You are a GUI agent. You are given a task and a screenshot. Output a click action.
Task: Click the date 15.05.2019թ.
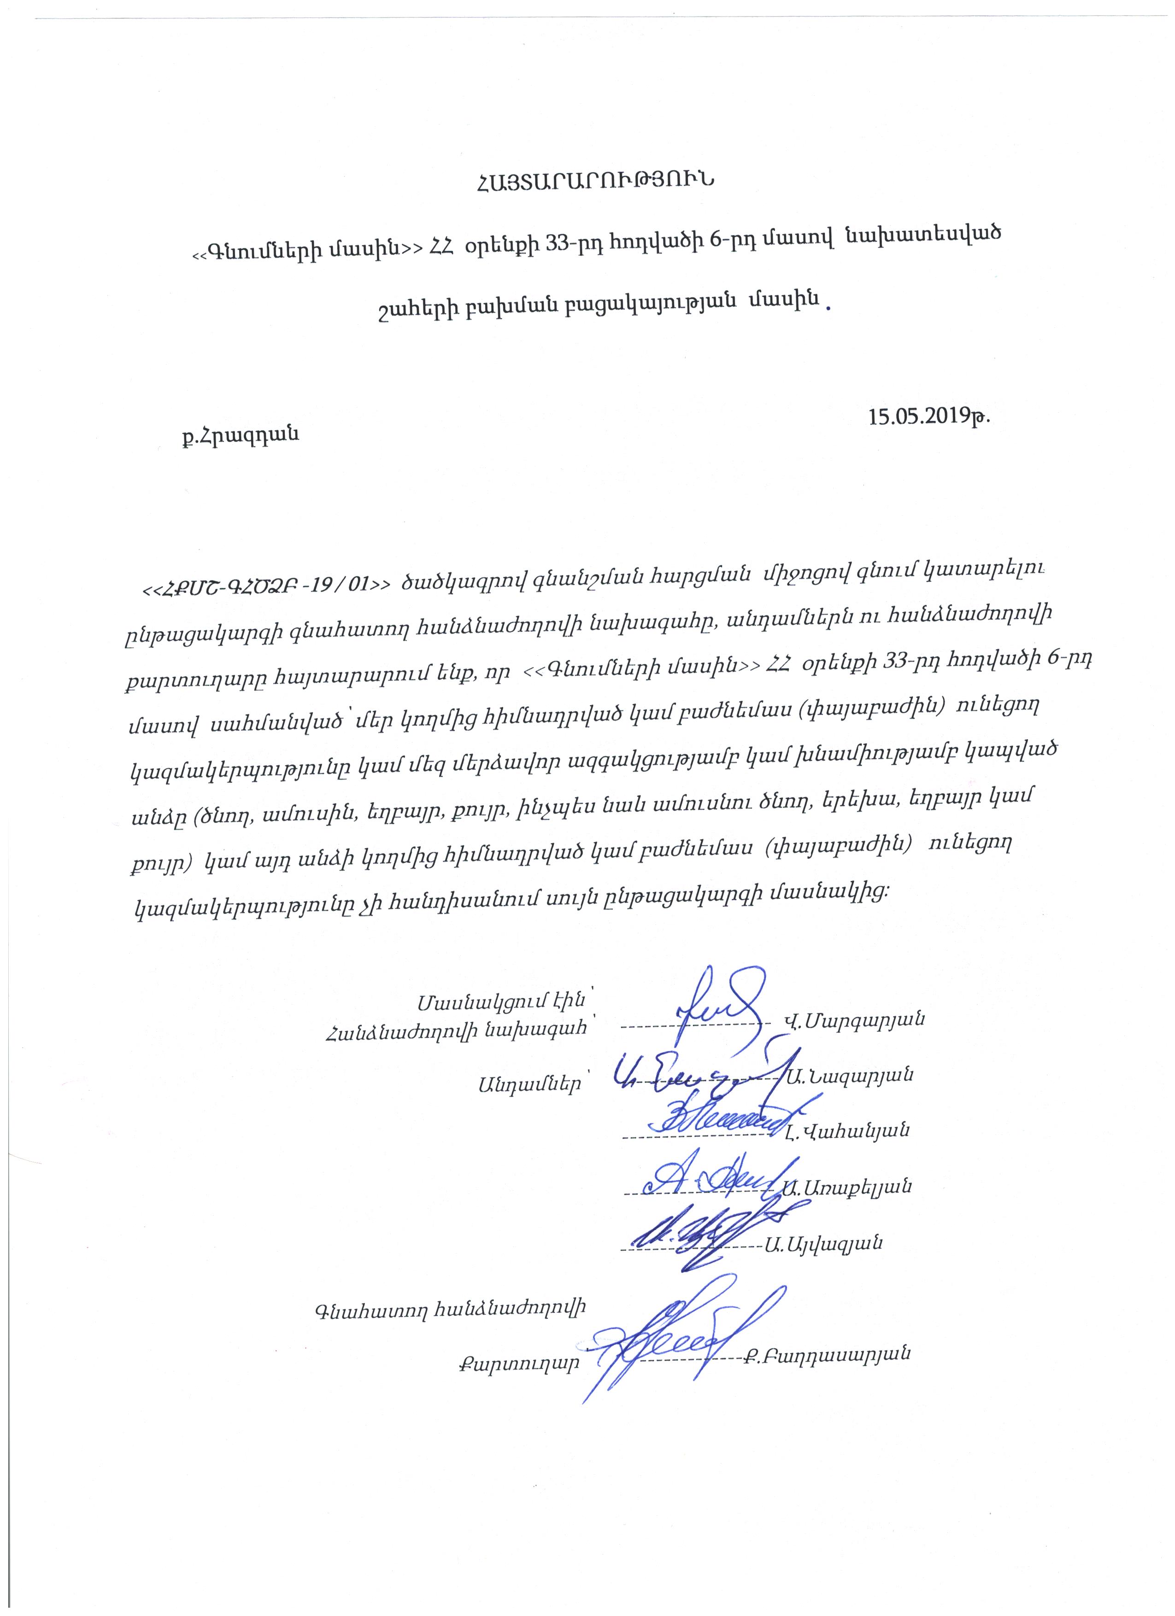(x=928, y=416)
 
